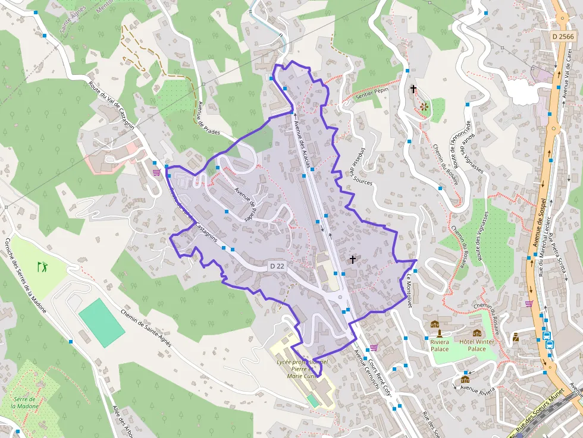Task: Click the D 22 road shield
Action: [277, 266]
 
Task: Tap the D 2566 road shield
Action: [562, 36]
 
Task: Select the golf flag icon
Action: [42, 266]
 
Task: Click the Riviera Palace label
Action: [440, 345]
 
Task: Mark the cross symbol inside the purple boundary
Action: [353, 259]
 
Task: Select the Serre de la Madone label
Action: [24, 402]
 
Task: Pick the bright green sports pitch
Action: [102, 323]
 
